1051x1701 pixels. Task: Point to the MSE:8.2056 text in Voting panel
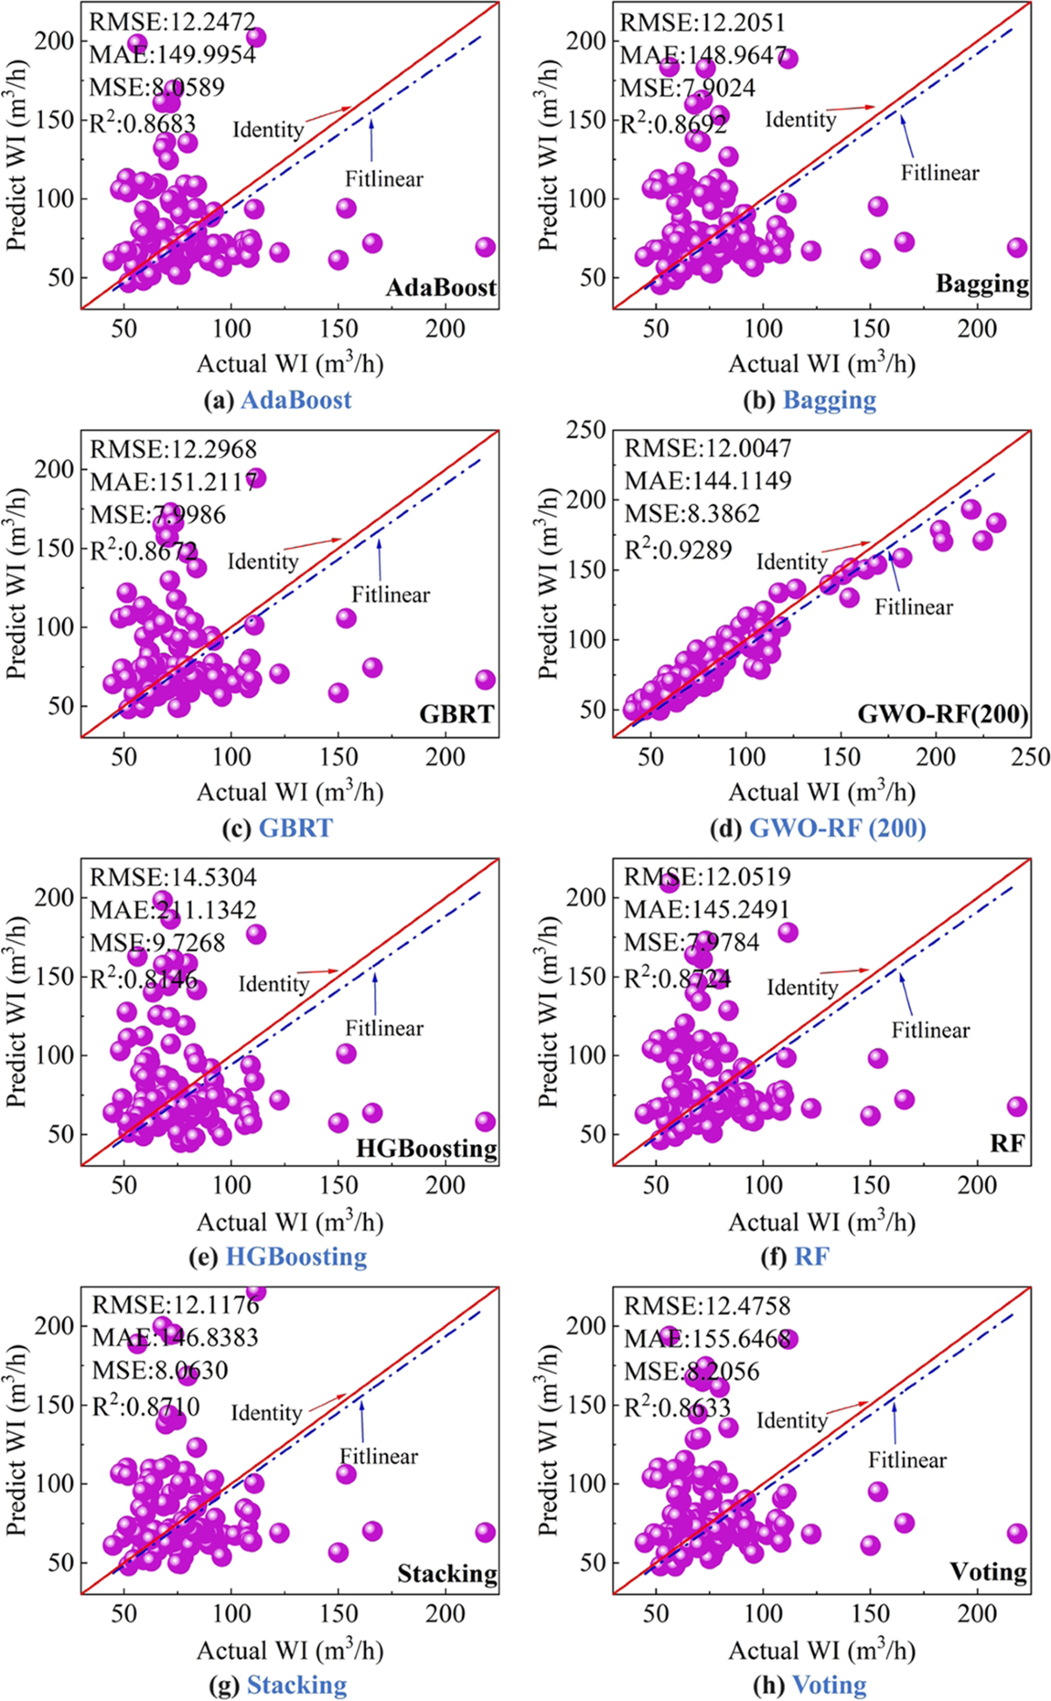point(691,1371)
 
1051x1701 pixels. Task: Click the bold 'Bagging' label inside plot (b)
point(982,284)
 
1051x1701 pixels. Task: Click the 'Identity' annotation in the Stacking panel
point(266,1413)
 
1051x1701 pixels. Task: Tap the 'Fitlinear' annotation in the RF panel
point(930,1030)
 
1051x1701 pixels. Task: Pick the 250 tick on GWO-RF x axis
point(1030,757)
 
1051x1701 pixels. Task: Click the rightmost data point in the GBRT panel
point(485,679)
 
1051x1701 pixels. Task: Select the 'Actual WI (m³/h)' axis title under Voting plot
point(822,1651)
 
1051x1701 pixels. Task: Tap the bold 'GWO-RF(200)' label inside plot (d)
point(942,713)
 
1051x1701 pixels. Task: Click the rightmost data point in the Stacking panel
point(485,1532)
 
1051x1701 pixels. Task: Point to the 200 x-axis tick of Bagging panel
point(977,329)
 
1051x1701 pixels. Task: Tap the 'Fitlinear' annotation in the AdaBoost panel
point(384,179)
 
